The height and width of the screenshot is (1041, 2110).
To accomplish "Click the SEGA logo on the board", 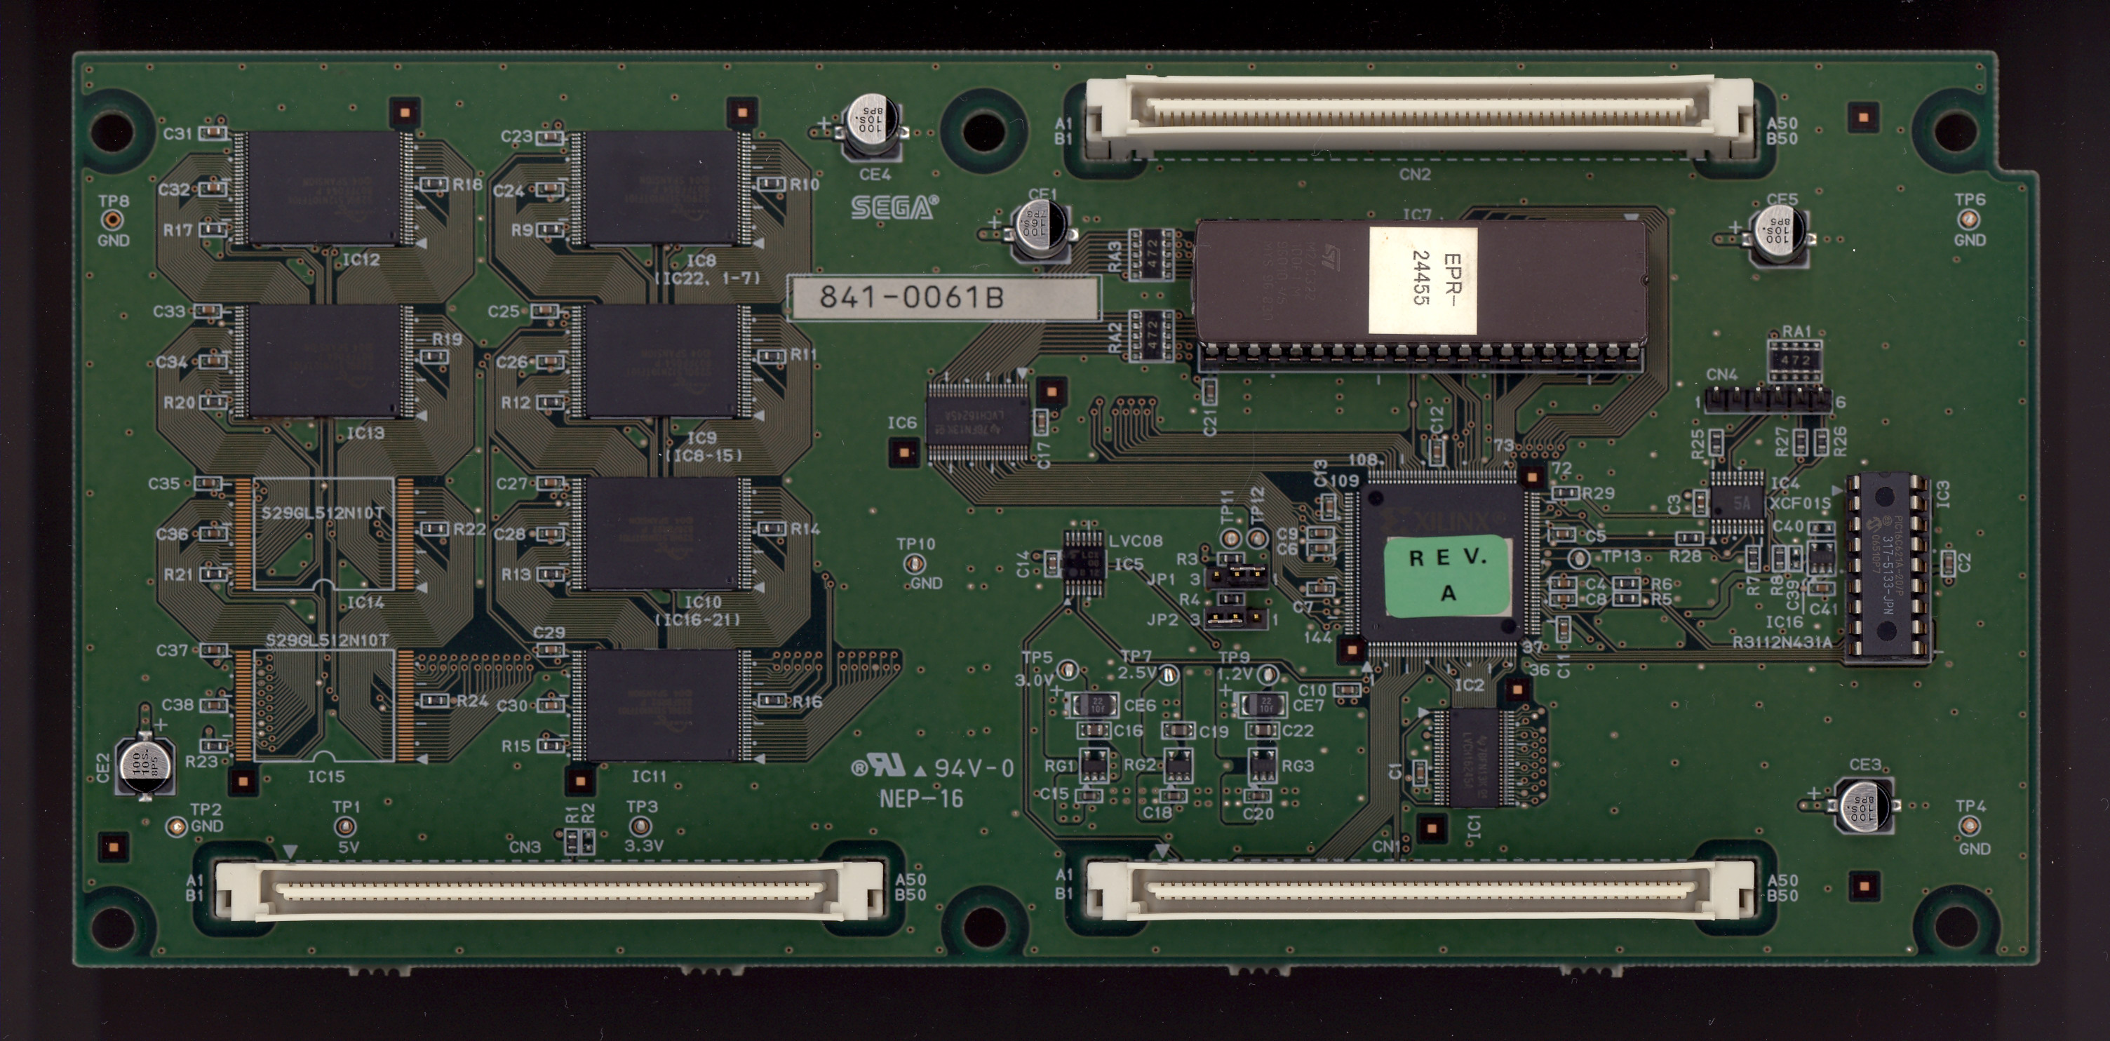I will [894, 208].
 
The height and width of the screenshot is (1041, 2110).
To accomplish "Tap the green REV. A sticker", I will [1447, 575].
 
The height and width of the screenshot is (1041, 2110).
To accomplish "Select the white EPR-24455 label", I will [1423, 280].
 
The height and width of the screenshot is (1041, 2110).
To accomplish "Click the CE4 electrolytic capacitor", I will [873, 126].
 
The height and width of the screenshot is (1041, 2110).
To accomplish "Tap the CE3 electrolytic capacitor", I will [1867, 806].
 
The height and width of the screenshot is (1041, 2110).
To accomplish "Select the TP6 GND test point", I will [1968, 219].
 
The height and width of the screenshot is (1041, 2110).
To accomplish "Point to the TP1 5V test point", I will [347, 827].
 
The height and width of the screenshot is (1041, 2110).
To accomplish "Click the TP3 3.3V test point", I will [642, 826].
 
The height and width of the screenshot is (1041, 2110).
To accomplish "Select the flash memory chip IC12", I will [324, 187].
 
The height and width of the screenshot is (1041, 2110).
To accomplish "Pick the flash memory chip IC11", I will [663, 706].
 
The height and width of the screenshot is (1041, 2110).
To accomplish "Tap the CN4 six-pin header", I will [1768, 401].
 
